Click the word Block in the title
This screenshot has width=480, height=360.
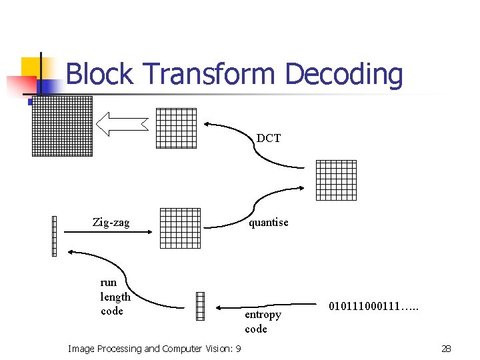pos(101,74)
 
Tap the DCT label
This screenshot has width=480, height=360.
pos(269,139)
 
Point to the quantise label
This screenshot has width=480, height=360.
pos(269,223)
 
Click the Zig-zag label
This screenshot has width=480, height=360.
pos(111,223)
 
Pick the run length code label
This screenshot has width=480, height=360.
pos(115,297)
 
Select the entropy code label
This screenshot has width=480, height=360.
pos(263,321)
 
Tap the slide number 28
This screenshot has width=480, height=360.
pos(446,349)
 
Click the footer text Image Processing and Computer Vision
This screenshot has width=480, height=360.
pos(155,349)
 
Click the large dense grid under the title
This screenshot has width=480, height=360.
pos(62,126)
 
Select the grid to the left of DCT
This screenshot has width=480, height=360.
pos(176,128)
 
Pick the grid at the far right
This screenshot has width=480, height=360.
pos(335,180)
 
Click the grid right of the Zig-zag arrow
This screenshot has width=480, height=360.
pos(180,228)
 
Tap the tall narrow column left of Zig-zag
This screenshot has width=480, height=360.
pos(54,236)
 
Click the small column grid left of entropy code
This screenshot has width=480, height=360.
pos(200,307)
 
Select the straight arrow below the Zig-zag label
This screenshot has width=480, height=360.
pos(107,231)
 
